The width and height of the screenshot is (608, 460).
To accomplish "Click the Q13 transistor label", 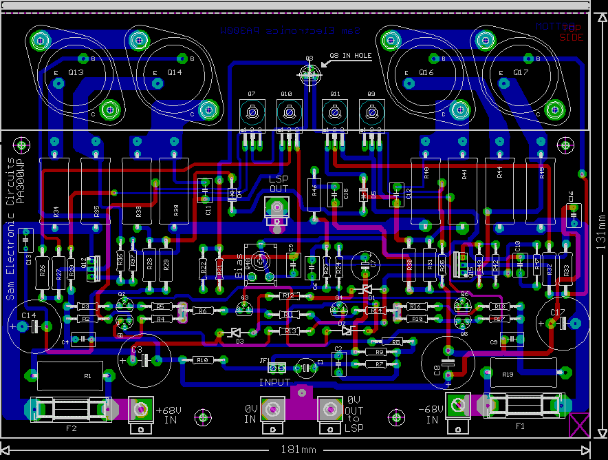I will point(76,72).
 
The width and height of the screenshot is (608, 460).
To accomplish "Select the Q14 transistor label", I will point(175,72).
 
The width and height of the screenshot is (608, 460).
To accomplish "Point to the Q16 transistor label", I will point(426,72).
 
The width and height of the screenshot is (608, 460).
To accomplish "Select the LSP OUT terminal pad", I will point(276,207).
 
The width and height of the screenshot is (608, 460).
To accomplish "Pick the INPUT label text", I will point(274,382).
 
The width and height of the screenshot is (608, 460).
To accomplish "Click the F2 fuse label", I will point(71,428).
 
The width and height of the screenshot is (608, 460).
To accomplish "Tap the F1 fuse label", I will point(520,426).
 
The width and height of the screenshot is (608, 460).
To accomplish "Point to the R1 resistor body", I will point(69,375).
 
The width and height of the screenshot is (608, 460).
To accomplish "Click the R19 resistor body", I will point(523,373).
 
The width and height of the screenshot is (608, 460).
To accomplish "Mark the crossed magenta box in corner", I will point(580,425).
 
